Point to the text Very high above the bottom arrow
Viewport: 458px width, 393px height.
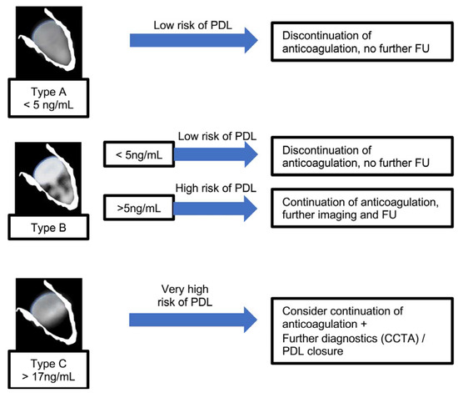click(195, 288)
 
